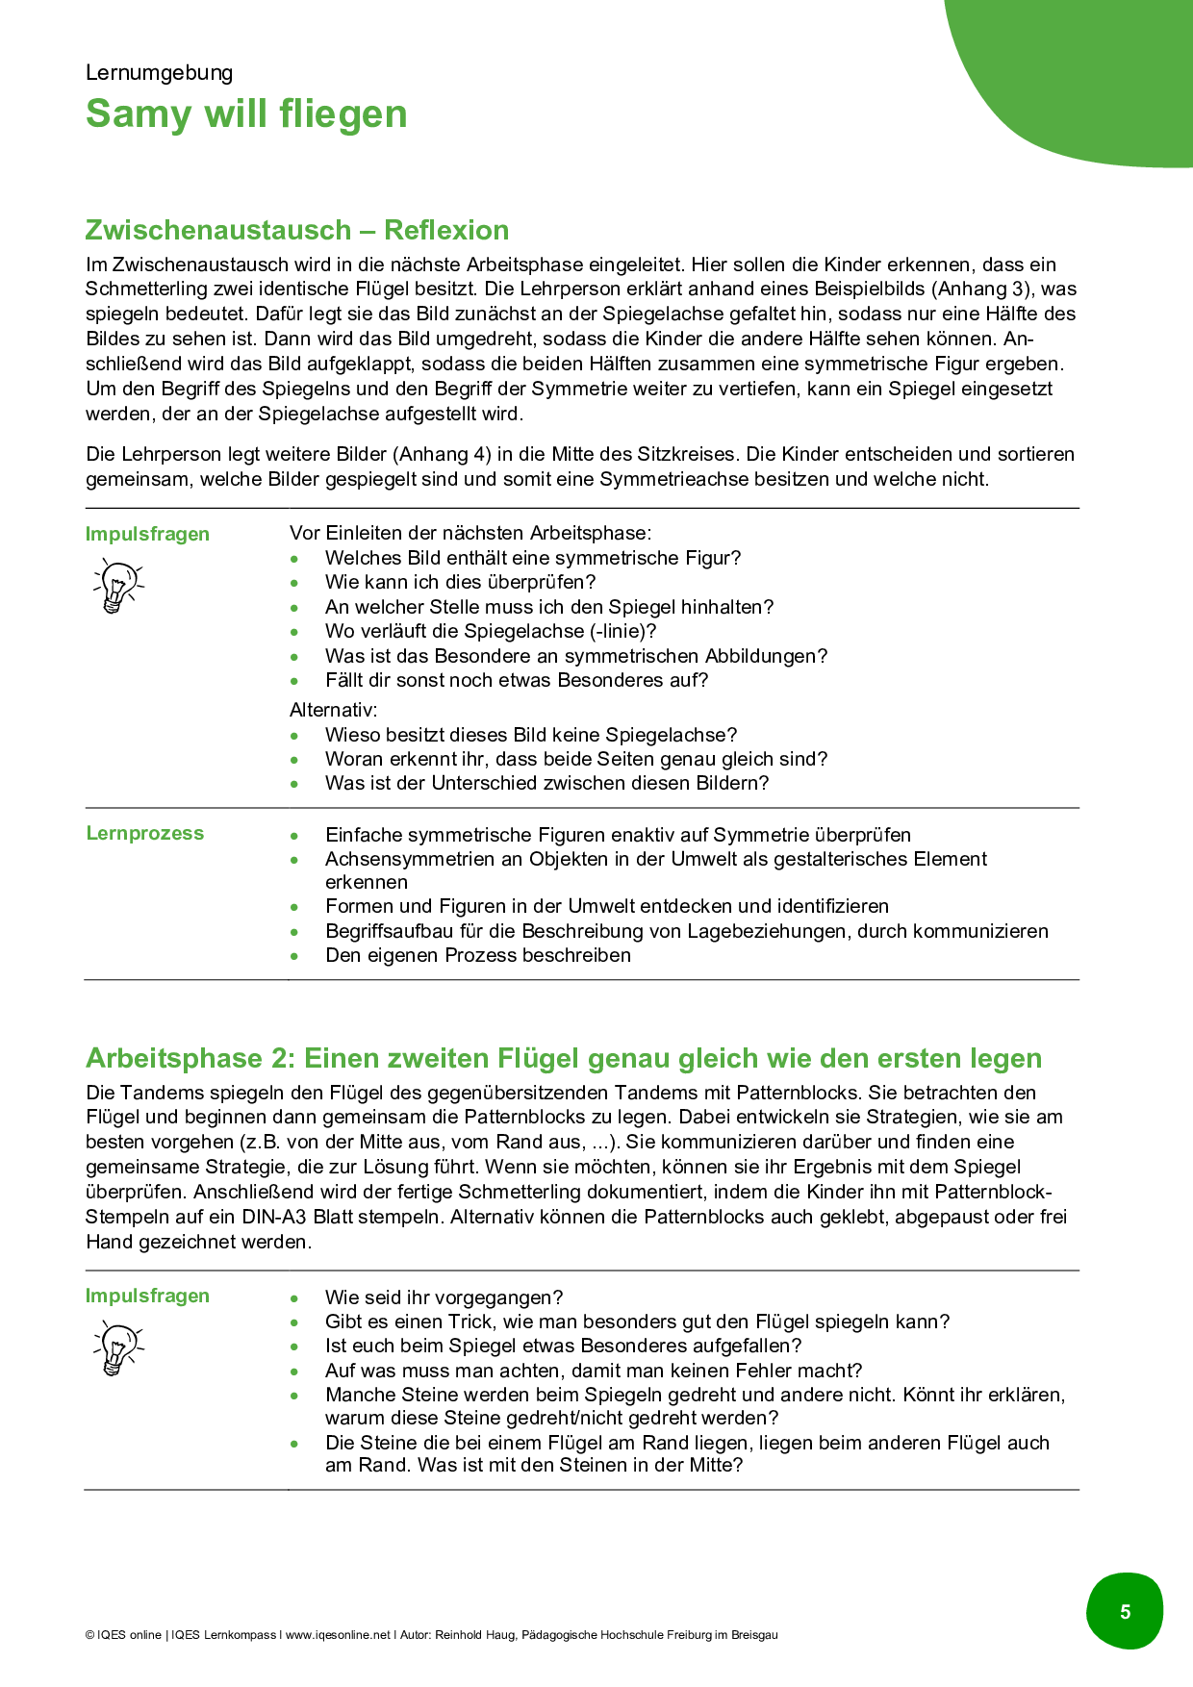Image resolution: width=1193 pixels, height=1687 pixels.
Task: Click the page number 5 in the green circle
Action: pyautogui.click(x=1125, y=1612)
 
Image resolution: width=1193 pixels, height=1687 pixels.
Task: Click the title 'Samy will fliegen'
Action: pyautogui.click(x=246, y=113)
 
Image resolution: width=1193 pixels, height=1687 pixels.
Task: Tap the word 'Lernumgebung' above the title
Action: pyautogui.click(x=159, y=73)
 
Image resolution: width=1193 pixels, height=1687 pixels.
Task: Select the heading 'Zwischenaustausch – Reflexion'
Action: pyautogui.click(x=296, y=230)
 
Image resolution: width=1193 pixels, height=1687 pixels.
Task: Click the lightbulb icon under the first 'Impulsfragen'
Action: pyautogui.click(x=117, y=587)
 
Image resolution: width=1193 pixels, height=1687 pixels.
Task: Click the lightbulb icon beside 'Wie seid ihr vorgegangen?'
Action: pyautogui.click(x=117, y=1347)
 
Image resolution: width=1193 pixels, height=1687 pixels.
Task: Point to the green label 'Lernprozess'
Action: pyautogui.click(x=144, y=833)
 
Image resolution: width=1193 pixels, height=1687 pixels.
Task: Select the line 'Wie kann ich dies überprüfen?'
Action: pyautogui.click(x=460, y=582)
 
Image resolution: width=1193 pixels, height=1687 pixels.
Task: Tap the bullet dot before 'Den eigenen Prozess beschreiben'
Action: pyautogui.click(x=294, y=956)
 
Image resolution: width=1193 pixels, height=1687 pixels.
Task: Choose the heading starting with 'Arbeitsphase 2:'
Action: pyautogui.click(x=563, y=1058)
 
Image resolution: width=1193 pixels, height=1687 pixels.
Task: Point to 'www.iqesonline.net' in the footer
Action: pyautogui.click(x=339, y=1635)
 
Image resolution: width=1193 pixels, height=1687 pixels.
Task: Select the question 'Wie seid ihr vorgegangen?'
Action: pyautogui.click(x=444, y=1297)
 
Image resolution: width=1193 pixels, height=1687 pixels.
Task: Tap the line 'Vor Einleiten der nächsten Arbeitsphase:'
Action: pyautogui.click(x=470, y=533)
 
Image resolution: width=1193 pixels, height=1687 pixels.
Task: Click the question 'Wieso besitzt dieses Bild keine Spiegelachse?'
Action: pyautogui.click(x=530, y=735)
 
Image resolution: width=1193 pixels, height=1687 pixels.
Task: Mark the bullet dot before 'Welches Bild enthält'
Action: pyautogui.click(x=294, y=559)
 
